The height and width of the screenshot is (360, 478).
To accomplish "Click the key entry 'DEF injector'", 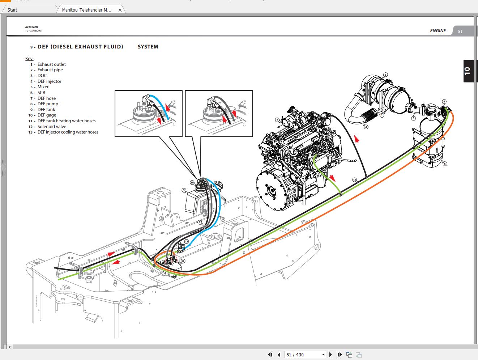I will click(x=49, y=81).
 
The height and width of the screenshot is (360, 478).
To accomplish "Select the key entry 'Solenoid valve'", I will click(x=52, y=127).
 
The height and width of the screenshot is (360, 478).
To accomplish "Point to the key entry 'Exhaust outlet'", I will click(x=51, y=64).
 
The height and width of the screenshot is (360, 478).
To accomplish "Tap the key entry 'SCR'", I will click(x=41, y=93).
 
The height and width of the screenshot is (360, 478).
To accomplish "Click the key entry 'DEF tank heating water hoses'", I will click(x=67, y=121).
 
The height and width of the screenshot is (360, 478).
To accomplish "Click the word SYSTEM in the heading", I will click(x=148, y=47).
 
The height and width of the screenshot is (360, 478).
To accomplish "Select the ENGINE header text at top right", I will click(x=438, y=31).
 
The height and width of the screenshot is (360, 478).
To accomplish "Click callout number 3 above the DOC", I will click(x=385, y=75).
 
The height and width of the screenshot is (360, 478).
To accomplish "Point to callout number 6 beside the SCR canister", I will click(x=445, y=164).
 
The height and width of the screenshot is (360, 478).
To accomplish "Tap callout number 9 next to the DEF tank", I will click(x=184, y=190).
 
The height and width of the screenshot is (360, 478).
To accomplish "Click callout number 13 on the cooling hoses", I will click(x=354, y=179).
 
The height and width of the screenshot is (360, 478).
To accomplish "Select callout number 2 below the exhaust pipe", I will click(x=366, y=127).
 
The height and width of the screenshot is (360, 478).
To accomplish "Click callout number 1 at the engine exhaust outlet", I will click(x=277, y=120).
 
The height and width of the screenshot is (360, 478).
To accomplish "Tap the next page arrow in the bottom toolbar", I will click(x=330, y=355).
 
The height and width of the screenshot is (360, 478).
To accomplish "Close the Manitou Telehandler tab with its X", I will click(x=120, y=10).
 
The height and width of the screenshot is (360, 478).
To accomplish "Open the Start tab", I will click(x=13, y=10).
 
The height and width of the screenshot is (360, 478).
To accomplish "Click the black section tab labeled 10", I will click(x=468, y=71).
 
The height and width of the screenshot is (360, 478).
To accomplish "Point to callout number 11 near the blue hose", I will click(x=223, y=219).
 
